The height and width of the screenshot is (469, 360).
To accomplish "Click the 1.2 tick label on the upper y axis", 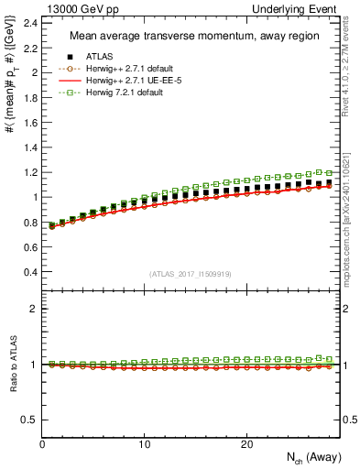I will (29, 172).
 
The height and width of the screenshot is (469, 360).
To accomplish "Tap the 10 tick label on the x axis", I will (144, 444).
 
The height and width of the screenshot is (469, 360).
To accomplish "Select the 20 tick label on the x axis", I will (245, 444).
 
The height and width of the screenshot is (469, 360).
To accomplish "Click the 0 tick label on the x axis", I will (43, 444).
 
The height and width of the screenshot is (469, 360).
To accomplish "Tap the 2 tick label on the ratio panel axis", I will (34, 309).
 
